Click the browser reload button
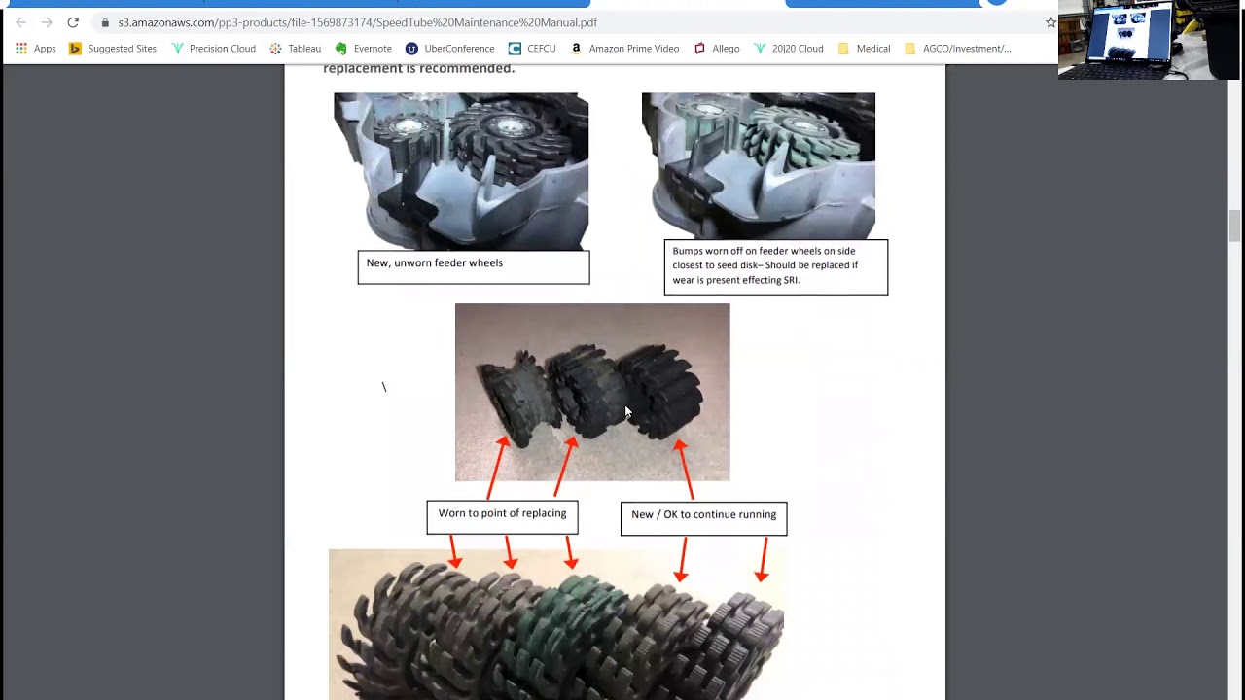tap(73, 22)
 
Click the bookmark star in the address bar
tap(1049, 22)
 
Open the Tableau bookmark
tap(295, 49)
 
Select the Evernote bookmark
tap(364, 49)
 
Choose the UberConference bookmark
tap(449, 49)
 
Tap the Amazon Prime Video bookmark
tap(624, 49)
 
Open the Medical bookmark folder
tap(865, 49)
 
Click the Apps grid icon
tap(21, 49)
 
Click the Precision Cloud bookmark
tap(213, 49)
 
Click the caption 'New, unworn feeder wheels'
tap(435, 262)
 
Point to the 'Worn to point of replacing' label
tap(503, 513)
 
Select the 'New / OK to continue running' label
tap(703, 514)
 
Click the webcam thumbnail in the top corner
tap(1150, 40)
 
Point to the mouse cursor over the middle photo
tap(628, 411)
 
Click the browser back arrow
tap(21, 22)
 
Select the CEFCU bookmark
tap(532, 49)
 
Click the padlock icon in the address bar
tap(105, 22)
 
